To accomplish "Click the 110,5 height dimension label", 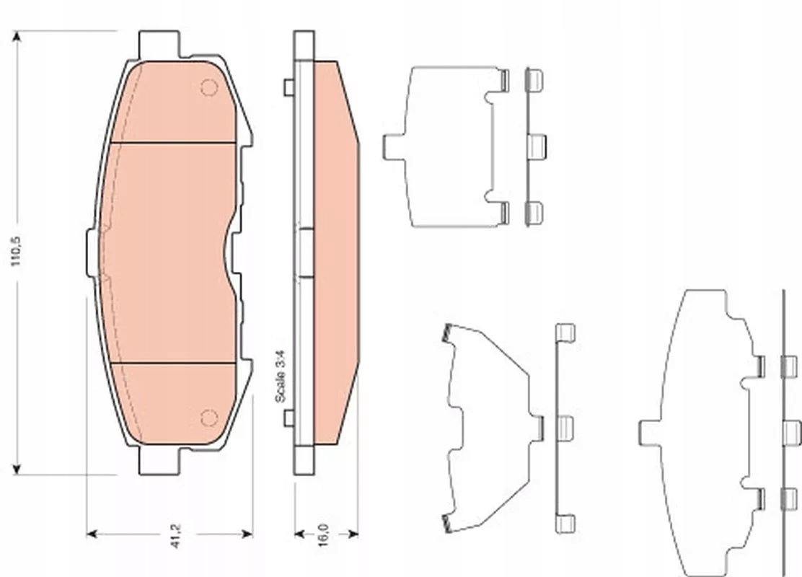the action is click(17, 251).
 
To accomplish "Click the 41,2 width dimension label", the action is click(176, 536).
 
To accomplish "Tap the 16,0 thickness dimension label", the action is click(323, 535).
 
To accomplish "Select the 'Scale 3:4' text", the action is click(281, 376).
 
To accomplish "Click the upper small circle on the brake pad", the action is click(209, 87).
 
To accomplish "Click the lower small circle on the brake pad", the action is click(209, 418).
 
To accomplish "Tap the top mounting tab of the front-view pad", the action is click(159, 45).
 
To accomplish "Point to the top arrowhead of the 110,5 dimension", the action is click(17, 36).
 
